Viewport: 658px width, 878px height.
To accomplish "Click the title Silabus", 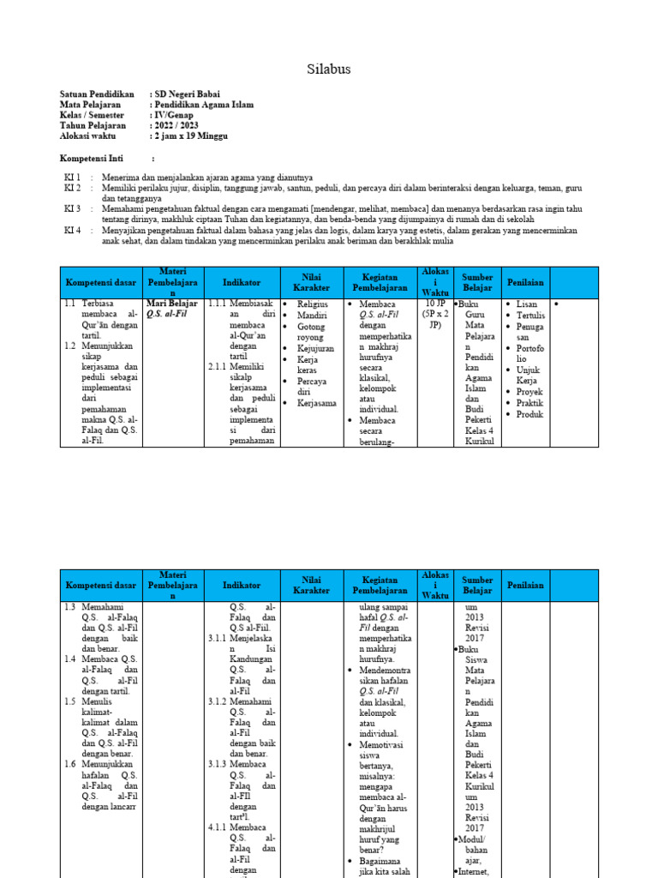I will point(329,69).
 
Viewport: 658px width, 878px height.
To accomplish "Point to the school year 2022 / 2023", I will point(176,125).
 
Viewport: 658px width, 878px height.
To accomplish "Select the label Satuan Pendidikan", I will point(97,93).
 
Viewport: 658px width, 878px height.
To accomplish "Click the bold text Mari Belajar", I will point(172,304).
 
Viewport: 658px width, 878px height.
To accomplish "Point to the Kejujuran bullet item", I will point(315,348).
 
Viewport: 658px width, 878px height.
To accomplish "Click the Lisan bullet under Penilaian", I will point(527,304).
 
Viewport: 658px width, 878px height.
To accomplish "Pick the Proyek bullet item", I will point(530,392).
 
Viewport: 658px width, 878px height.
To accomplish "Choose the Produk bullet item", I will point(530,414).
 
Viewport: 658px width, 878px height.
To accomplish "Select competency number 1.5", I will point(70,701).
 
